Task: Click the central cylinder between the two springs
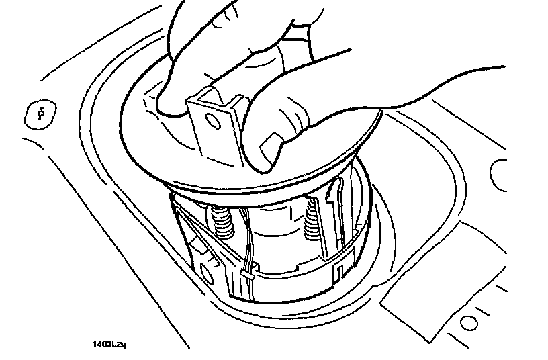(269, 225)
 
